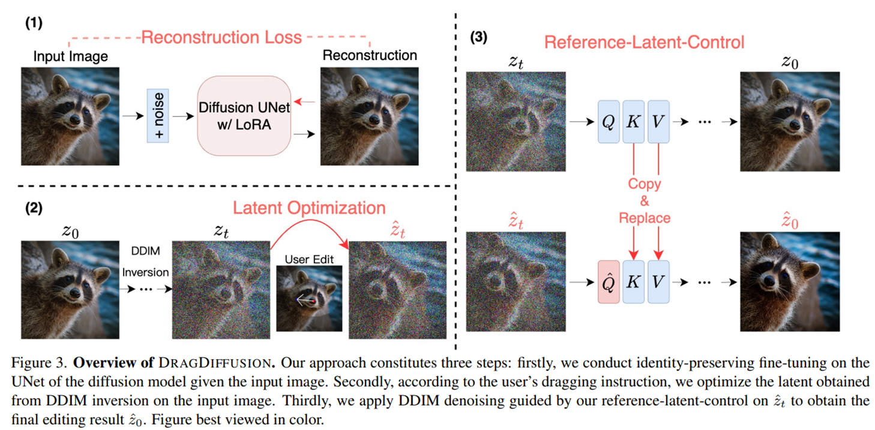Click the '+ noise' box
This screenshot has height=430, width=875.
(x=158, y=115)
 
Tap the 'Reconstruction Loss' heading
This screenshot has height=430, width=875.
(x=221, y=38)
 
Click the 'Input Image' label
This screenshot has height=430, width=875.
(x=70, y=56)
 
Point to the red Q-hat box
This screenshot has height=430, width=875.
(x=609, y=281)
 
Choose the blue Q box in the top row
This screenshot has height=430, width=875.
(x=609, y=122)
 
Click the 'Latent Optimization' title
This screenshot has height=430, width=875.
(x=309, y=208)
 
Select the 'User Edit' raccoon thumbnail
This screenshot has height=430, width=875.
(x=309, y=299)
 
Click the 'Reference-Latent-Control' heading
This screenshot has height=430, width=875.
(x=644, y=43)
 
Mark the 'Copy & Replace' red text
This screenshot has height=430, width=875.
(x=645, y=201)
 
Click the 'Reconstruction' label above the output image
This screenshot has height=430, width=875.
(x=369, y=55)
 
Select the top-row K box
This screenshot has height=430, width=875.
(x=633, y=122)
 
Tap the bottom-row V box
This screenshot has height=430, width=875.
(x=658, y=281)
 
